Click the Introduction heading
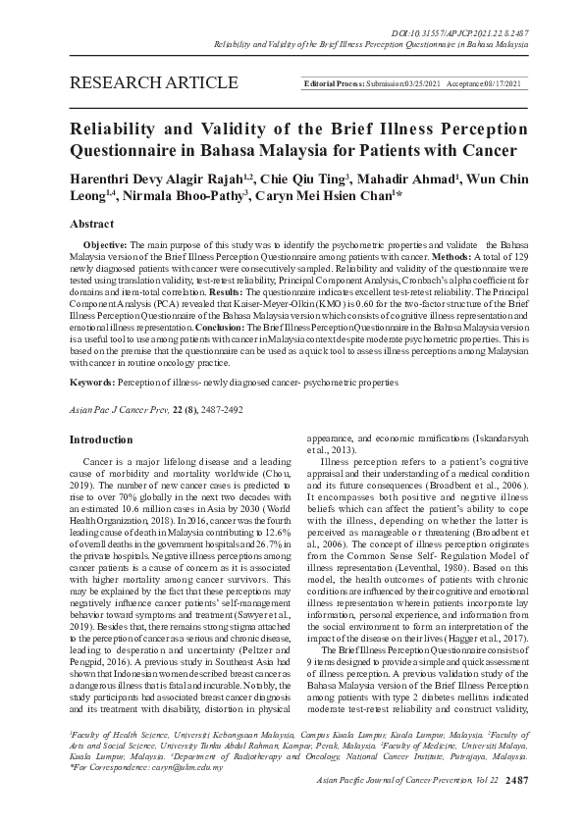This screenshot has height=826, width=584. click(99, 439)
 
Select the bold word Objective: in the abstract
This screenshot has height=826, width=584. click(104, 242)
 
